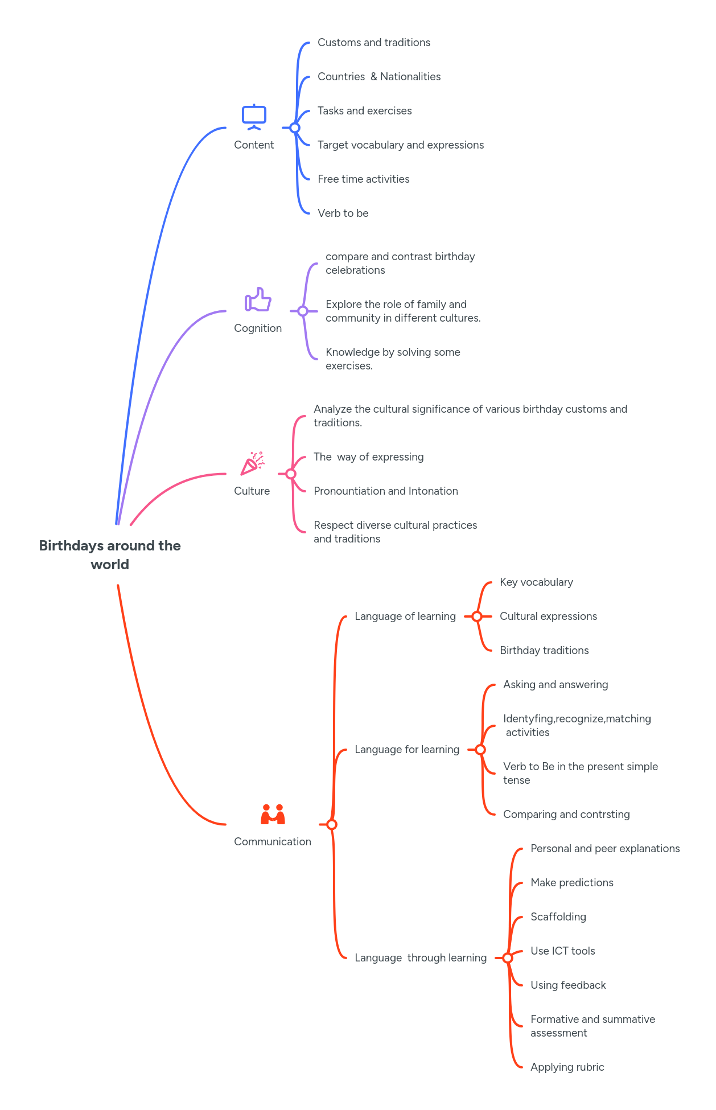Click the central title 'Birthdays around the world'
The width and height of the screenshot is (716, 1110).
click(110, 554)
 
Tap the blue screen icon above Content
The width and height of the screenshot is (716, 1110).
click(254, 117)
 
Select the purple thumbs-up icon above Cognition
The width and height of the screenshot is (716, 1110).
click(258, 299)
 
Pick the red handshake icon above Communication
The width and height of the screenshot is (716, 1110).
click(273, 815)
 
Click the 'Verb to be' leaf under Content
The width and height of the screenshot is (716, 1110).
click(343, 213)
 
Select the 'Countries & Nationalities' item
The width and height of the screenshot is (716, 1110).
click(379, 76)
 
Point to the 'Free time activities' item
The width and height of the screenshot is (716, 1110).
click(364, 179)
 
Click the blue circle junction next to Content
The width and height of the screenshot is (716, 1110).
click(295, 128)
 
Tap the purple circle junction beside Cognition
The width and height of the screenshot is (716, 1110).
click(303, 311)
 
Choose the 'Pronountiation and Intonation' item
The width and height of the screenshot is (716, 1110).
click(386, 491)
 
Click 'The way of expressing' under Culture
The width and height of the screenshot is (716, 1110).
click(369, 457)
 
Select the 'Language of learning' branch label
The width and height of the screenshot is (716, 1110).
click(405, 616)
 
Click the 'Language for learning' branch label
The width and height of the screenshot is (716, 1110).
click(407, 749)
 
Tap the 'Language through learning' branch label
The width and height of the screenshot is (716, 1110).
click(421, 957)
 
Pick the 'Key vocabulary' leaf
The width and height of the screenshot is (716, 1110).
click(536, 582)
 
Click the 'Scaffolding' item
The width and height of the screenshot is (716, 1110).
click(558, 916)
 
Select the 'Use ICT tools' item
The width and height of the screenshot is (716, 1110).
click(563, 951)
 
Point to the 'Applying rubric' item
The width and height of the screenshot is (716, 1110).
click(567, 1067)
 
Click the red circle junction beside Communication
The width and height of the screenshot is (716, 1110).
click(332, 824)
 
